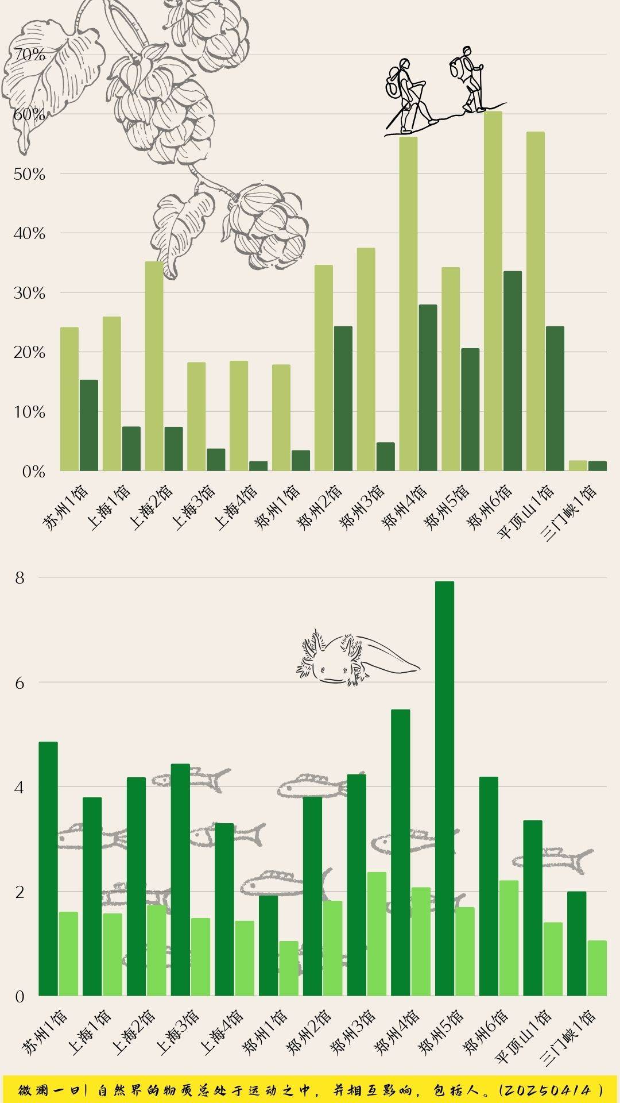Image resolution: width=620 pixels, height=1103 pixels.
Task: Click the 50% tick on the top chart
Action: coord(29,174)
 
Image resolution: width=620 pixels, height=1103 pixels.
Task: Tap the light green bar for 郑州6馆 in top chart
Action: coord(493,291)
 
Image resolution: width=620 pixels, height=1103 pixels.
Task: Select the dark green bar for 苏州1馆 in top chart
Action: coord(89,425)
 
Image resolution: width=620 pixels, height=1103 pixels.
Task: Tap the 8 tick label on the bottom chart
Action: coord(20,578)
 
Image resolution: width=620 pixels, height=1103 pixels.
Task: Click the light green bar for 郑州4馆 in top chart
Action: coord(408,304)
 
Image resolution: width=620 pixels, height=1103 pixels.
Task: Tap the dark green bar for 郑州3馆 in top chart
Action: coord(386,456)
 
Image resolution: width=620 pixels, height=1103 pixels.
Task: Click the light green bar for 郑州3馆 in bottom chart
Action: coord(377,934)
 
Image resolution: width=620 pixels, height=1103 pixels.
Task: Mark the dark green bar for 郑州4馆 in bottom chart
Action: coord(401,853)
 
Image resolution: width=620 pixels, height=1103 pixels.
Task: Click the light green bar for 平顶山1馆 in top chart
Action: coord(536,301)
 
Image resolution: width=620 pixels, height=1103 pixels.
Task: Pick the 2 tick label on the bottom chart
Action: coord(20,892)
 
